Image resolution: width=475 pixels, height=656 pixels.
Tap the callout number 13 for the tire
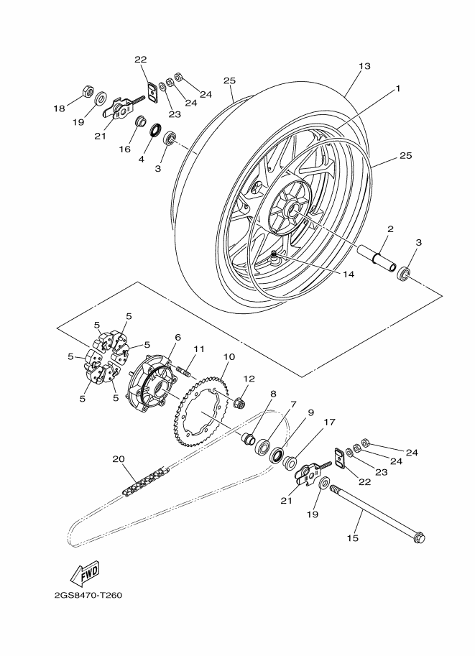[364, 66]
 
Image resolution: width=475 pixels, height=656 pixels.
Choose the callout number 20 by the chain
[119, 459]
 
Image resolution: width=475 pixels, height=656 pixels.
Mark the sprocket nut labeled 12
[239, 402]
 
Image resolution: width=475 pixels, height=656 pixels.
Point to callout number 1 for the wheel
[398, 88]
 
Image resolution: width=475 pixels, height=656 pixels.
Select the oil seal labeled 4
[155, 130]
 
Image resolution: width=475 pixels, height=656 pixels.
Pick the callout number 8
[273, 394]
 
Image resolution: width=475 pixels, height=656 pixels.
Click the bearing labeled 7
[262, 446]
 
